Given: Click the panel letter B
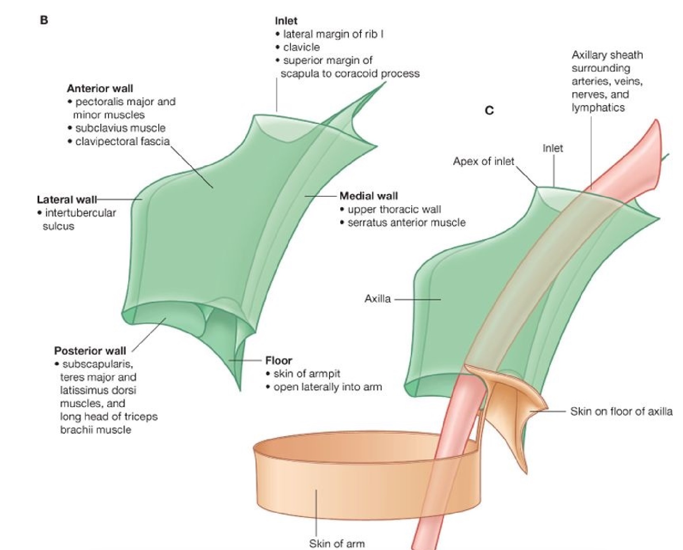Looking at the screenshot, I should coord(44,20).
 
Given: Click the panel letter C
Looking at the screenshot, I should coord(489,110).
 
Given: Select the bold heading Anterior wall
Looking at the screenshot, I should coord(100,89).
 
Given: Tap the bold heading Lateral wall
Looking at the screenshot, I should coord(67,200).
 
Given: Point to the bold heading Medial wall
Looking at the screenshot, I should coord(368,196).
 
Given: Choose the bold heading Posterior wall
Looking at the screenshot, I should coord(90,351).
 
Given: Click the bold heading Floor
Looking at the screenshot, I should coord(278,361).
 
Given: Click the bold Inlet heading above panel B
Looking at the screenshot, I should coord(286,21).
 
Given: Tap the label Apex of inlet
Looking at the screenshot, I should coord(483,161).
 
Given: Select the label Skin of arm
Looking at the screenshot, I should coord(337,543).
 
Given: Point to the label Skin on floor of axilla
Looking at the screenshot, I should coord(621,411).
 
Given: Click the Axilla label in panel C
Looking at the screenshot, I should coord(377,299).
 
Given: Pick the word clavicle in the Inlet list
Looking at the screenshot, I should coord(301,47).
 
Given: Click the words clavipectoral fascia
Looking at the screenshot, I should coord(122,141).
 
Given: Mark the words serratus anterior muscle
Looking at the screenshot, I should coord(406,223).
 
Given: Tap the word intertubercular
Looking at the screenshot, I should coord(80,213).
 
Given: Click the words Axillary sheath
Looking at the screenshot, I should coord(607,55).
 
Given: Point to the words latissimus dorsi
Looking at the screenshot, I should coord(98,390).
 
